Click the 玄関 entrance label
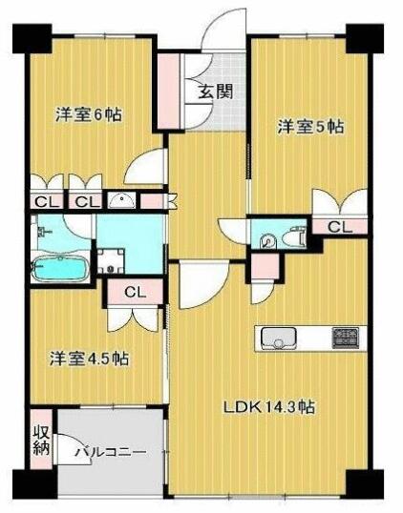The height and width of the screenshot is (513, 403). point(216,92)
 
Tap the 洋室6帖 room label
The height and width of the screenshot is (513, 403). point(89,114)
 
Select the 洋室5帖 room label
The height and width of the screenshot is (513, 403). point(310,127)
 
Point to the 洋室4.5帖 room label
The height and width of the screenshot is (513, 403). point(89,359)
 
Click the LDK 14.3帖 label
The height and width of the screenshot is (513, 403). point(268,407)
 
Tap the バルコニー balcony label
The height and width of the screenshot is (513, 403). point(111,453)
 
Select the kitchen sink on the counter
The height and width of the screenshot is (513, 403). point(279,339)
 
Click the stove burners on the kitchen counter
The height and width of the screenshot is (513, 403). point(346,338)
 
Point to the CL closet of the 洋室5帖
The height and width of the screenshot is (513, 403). point(340,226)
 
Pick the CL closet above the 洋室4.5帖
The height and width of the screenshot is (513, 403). point(135,292)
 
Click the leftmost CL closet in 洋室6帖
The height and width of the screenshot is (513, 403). point(46,201)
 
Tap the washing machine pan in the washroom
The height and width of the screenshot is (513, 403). point(111,260)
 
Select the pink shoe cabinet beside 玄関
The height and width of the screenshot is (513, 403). point(169,91)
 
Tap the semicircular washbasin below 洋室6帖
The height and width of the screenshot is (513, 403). point(121,200)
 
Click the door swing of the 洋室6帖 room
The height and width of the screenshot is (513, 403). point(144,167)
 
